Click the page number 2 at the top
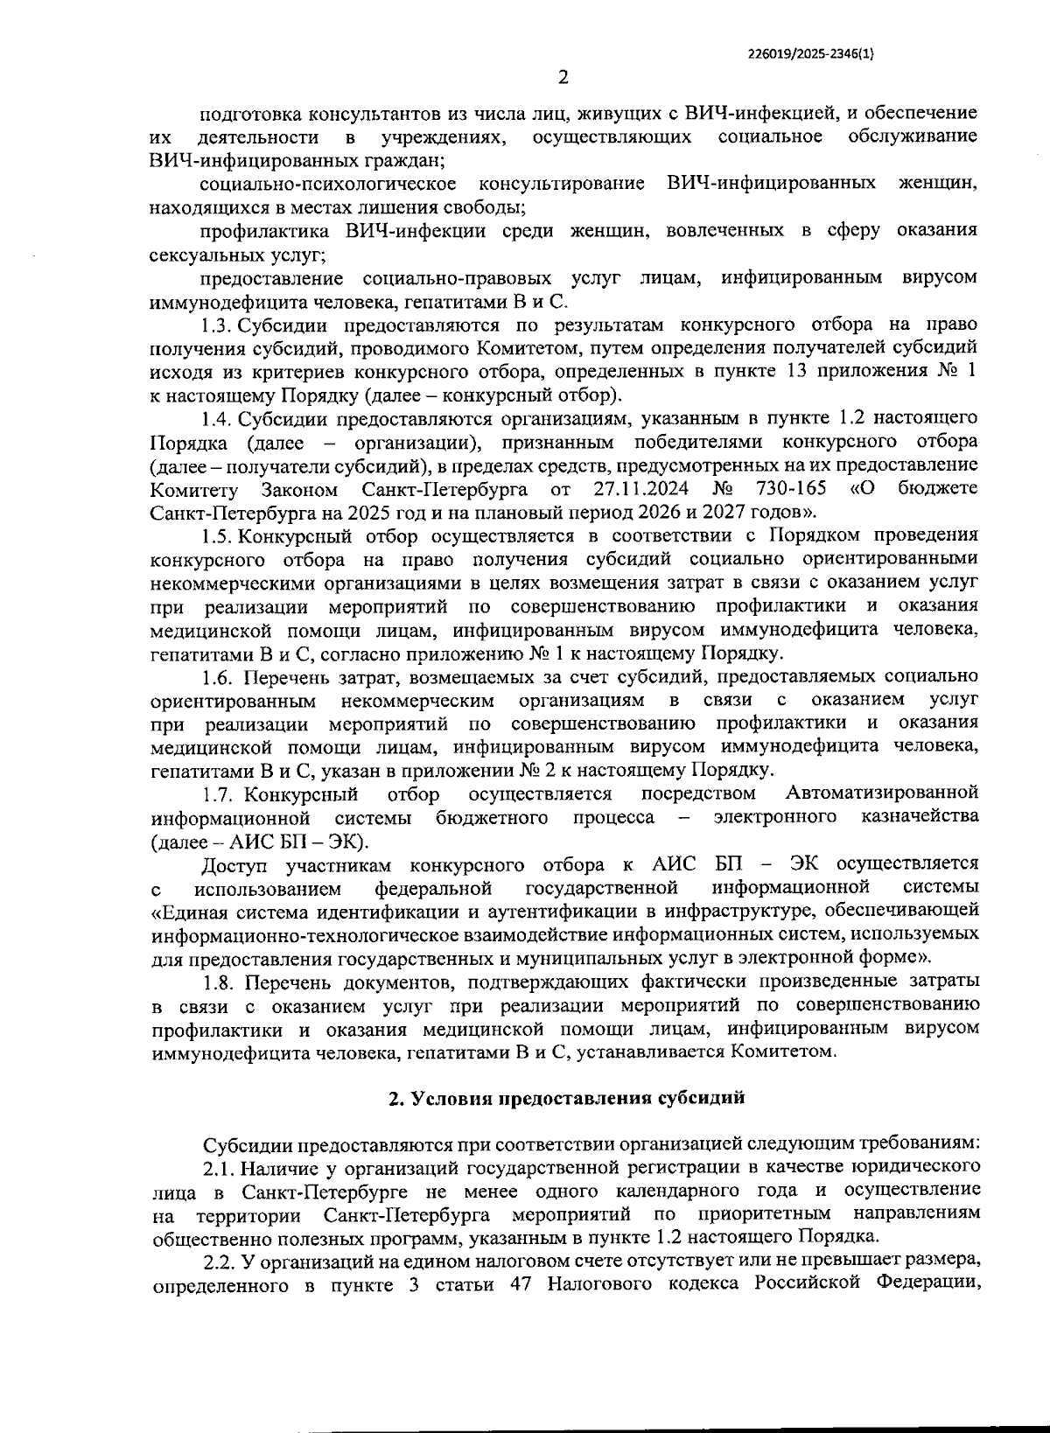(563, 78)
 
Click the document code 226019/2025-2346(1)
(811, 52)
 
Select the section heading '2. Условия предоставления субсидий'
(566, 1099)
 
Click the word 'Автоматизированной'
(881, 793)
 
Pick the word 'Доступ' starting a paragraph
(237, 864)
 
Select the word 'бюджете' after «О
(937, 487)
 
